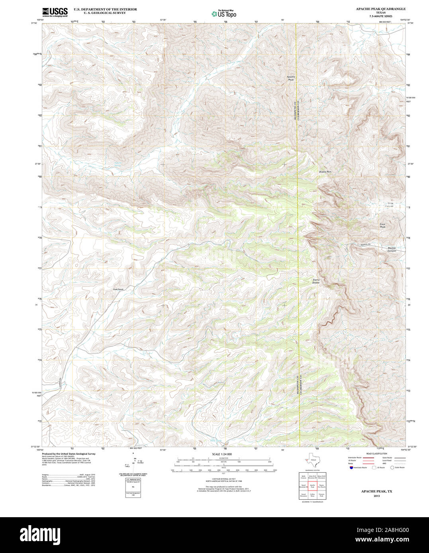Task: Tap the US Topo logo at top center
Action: (x=224, y=14)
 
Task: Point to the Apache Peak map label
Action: (x=291, y=78)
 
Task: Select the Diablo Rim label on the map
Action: (x=325, y=171)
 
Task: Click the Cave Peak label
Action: (x=382, y=225)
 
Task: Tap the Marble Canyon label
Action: (x=392, y=249)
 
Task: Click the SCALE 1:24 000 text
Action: (x=222, y=454)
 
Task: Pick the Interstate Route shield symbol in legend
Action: (x=350, y=467)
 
